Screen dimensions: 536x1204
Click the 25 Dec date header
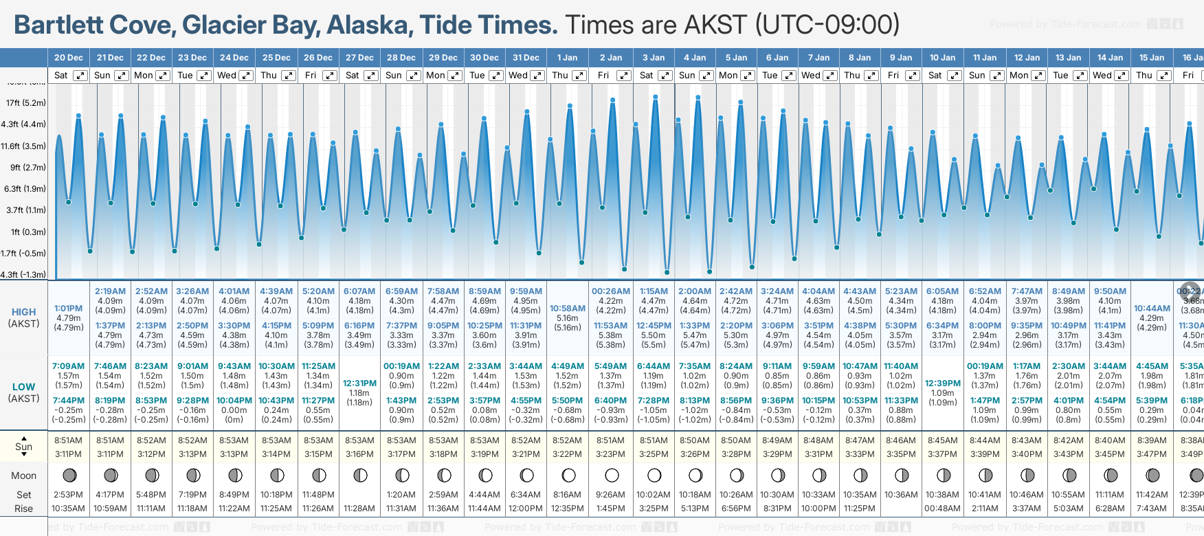click(276, 58)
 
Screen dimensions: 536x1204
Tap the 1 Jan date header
click(568, 58)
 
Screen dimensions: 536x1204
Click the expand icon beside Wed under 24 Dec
click(245, 76)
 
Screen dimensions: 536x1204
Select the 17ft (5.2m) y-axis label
click(26, 103)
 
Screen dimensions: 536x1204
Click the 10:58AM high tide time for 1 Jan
click(568, 309)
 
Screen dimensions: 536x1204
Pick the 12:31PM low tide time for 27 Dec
click(359, 383)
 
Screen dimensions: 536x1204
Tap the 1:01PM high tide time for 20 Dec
click(69, 309)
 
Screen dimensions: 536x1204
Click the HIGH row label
click(24, 312)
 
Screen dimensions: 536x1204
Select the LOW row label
click(24, 387)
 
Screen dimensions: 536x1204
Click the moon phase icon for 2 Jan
click(612, 475)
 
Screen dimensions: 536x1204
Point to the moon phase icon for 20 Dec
click(69, 475)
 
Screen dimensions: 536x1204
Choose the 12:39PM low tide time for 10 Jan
click(943, 383)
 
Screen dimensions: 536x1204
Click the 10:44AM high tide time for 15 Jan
click(1152, 309)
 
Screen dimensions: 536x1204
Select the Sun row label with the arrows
click(24, 447)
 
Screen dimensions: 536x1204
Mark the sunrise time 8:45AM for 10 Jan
click(943, 440)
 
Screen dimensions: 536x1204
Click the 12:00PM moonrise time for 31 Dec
click(526, 509)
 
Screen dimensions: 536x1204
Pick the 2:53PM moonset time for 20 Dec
click(69, 495)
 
